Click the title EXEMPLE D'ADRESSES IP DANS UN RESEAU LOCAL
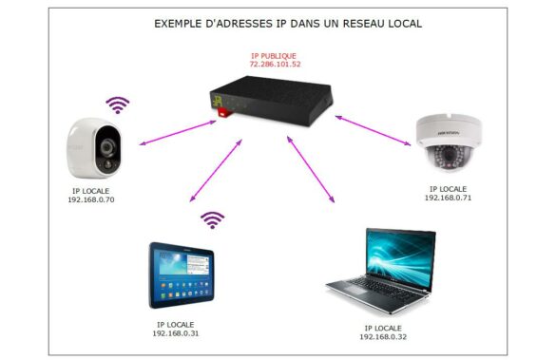coord(275,22)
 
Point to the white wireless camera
coord(98,147)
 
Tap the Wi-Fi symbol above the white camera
coord(118,102)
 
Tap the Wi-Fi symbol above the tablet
coord(213,220)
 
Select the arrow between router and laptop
coord(311,167)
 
